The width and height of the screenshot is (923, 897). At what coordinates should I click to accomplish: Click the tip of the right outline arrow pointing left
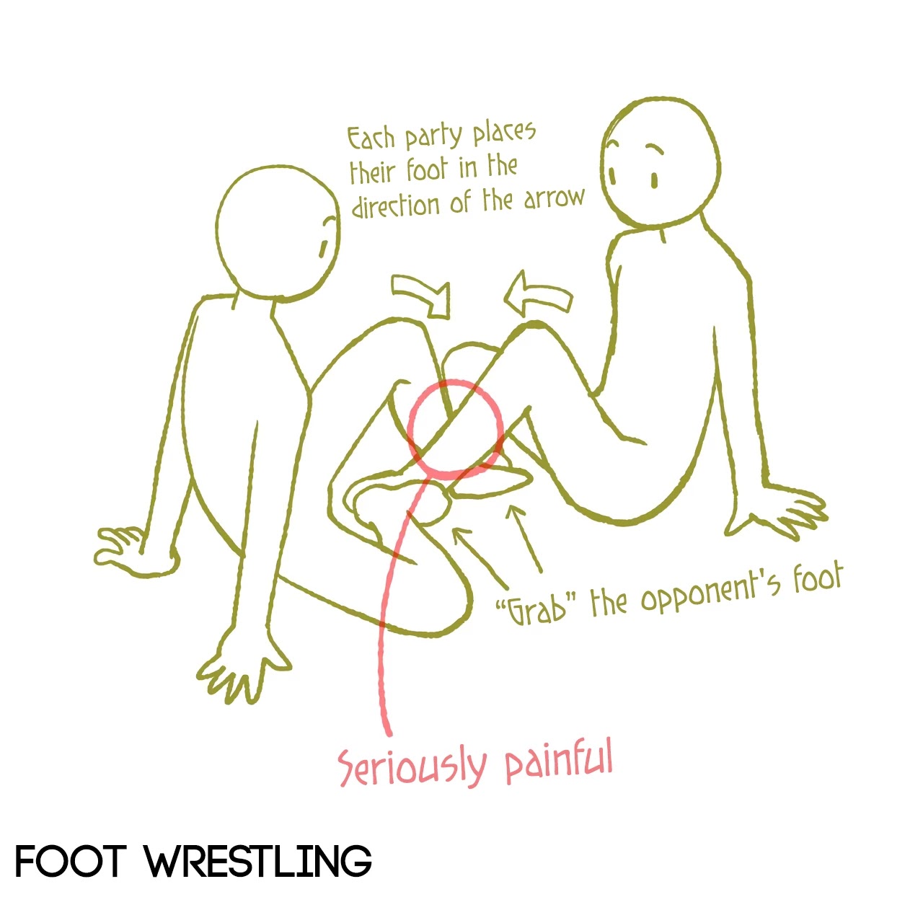click(505, 300)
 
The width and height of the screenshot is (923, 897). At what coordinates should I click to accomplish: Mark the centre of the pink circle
click(455, 429)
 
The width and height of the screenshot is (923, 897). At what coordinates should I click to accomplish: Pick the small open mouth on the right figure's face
click(655, 181)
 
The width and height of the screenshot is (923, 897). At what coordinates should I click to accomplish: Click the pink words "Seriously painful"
click(476, 764)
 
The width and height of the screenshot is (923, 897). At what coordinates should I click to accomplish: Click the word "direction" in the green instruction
click(395, 206)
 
